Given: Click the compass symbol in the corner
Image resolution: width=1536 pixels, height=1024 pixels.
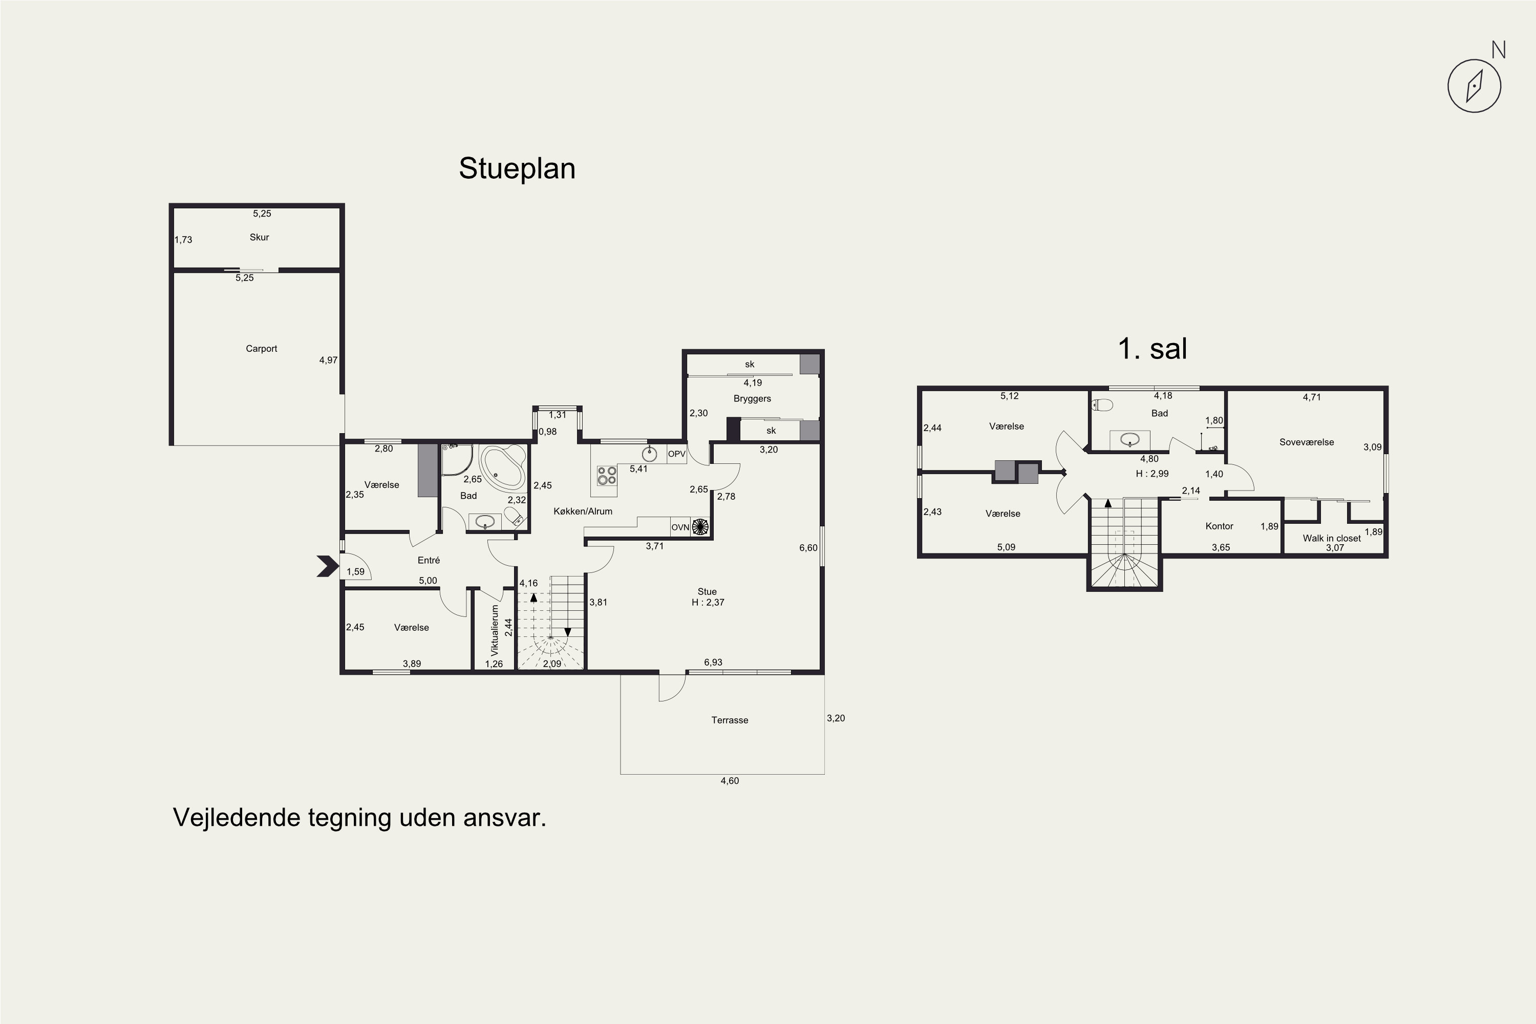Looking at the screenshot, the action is point(1474,86).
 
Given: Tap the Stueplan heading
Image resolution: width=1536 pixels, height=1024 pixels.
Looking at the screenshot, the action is point(517,168).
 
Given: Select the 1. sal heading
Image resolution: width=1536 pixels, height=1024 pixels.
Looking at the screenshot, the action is point(1152,348).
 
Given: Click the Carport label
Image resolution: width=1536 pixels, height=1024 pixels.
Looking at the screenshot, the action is point(261,349).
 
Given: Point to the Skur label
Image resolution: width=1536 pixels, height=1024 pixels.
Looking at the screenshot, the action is point(259,237).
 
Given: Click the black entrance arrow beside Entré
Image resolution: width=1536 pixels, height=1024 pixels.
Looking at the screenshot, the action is point(328,566).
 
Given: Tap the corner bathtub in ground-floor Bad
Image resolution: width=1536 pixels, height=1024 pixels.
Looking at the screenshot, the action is point(502,467).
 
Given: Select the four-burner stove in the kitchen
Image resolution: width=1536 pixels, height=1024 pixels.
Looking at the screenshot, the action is point(607,476).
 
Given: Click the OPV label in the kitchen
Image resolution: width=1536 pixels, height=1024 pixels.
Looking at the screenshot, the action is point(676,454).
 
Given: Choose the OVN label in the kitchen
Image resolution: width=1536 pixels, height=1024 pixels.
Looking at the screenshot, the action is point(680,527).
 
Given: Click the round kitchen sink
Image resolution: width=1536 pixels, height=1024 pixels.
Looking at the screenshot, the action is point(649,453).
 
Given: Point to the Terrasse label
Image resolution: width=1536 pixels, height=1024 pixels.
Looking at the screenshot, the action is point(730,720).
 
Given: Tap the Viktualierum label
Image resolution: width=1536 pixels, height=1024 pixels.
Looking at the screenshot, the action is point(495,630).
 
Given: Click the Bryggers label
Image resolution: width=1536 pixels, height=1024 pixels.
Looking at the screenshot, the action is point(752,398).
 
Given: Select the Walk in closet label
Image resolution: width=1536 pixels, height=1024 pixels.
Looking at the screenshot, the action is point(1332,538).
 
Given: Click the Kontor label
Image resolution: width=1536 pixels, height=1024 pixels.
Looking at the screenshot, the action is point(1219,526).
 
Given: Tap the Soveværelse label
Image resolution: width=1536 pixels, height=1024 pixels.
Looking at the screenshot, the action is point(1307,442).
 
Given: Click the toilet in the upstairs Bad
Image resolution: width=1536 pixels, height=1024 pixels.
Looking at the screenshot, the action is point(1102,405).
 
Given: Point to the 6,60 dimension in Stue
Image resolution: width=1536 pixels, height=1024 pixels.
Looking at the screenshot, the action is point(808,548).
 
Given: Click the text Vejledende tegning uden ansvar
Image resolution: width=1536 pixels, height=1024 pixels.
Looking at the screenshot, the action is point(359,818).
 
